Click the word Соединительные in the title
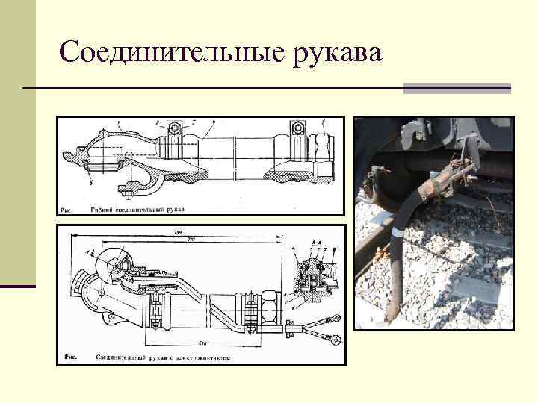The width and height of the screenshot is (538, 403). tap(167, 52)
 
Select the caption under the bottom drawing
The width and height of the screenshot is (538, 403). tap(161, 357)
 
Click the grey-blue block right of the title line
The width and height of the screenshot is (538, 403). tap(457, 88)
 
